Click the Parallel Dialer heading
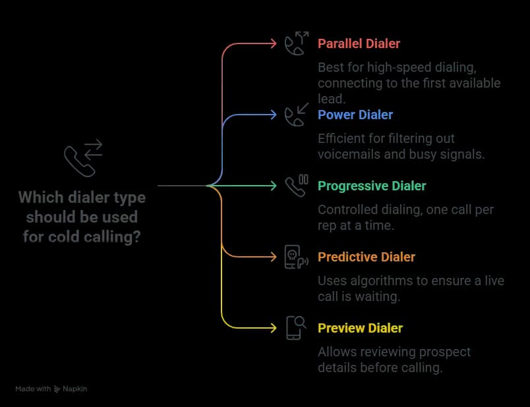359,44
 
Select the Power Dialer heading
355,115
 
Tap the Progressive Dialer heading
372,186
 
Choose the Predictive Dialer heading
366,258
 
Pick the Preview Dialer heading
360,329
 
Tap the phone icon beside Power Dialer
295,115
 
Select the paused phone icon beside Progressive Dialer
296,186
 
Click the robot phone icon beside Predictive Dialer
295,257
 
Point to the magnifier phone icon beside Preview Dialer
295,328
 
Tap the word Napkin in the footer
75,389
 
